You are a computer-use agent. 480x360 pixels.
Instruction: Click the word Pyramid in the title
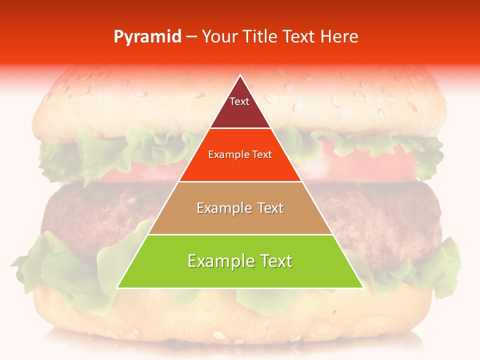(x=147, y=37)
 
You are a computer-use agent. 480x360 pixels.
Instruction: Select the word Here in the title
(x=339, y=37)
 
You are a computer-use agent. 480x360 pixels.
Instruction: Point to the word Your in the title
(x=220, y=37)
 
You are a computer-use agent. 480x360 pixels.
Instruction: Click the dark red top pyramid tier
(x=240, y=112)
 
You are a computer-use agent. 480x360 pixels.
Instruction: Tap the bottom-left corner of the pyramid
(x=118, y=287)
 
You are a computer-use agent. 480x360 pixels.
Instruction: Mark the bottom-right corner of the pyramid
(x=362, y=287)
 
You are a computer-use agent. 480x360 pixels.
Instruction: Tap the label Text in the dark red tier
(x=239, y=101)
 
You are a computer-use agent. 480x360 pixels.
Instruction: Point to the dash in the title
(x=191, y=37)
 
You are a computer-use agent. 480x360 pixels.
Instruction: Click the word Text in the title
(x=298, y=37)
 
